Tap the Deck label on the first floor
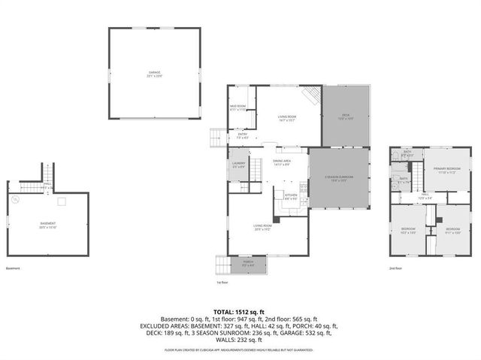pos(346,117)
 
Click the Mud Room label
pos(238,107)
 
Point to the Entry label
pos(242,136)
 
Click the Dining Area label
pos(282,162)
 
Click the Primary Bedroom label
pos(446,170)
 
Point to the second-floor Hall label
pos(425,197)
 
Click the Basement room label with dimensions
pos(48,225)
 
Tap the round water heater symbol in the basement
pos(16,199)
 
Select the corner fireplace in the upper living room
pos(311,95)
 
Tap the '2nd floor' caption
pos(395,268)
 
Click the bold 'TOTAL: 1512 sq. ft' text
pos(240,310)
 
